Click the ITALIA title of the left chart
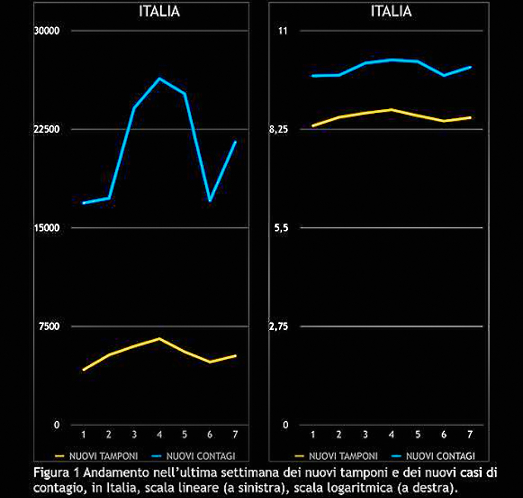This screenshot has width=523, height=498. (159, 12)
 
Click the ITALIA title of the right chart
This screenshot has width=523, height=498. (391, 12)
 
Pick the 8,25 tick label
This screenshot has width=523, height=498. (279, 129)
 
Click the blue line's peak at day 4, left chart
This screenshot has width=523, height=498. (159, 78)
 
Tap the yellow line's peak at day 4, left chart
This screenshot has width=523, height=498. (159, 338)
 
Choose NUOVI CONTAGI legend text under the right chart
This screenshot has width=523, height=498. (441, 455)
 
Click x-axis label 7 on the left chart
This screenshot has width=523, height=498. (235, 434)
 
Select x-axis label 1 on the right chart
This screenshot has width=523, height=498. (313, 434)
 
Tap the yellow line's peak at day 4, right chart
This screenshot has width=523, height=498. (391, 109)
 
